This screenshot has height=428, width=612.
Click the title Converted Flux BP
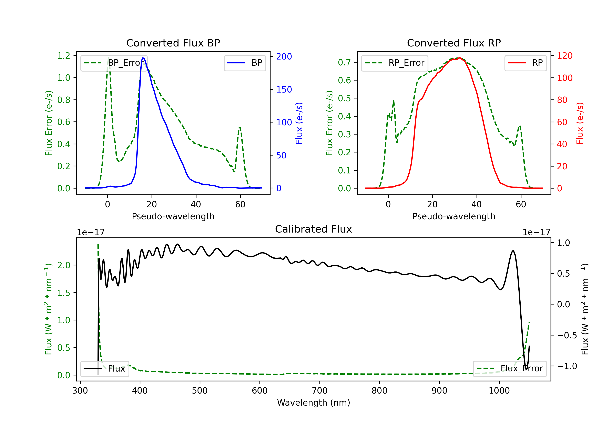pos(173,43)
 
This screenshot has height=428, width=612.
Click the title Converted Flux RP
pos(454,43)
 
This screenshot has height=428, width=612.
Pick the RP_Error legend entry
pos(395,63)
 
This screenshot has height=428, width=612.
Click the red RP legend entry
pos(525,63)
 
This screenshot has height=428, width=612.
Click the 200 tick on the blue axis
pos(284,56)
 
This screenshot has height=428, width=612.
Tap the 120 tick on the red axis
pos(565,56)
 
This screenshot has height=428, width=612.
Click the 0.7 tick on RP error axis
pos(344,62)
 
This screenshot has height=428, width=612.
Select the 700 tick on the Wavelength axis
pos(320,390)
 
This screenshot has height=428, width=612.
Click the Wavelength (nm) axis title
pos(314,403)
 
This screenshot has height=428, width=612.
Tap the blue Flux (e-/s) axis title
pos(299,123)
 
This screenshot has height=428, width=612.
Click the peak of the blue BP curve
pos(143,58)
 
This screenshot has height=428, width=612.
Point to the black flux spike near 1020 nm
pos(513,251)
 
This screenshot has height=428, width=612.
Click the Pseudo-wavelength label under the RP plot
pos(454,216)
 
